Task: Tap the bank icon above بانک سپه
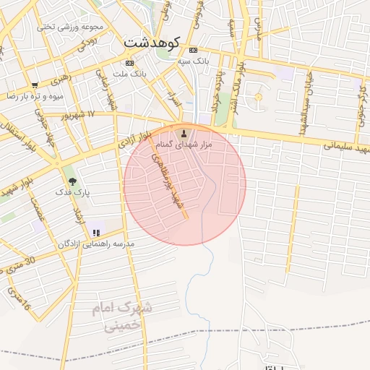[192, 51]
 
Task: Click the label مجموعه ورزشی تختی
[71, 27]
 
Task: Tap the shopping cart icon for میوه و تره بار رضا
[34, 85]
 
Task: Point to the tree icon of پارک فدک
[71, 181]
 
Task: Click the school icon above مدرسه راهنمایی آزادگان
[95, 233]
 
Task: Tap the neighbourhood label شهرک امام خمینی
[121, 317]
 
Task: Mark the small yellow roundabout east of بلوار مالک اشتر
[258, 97]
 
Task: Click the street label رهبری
[63, 75]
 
